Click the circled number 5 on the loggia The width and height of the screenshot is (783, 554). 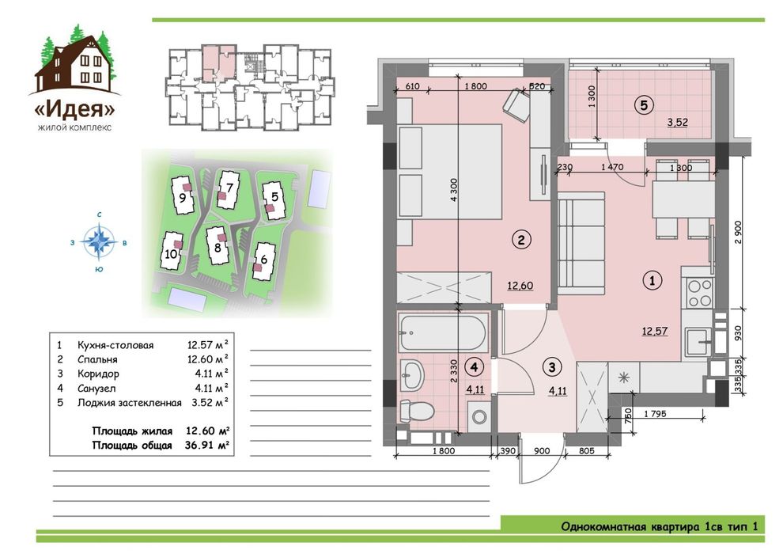coord(644,105)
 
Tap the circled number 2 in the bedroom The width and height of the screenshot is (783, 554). coord(521,240)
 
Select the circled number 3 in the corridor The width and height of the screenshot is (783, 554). coord(552,368)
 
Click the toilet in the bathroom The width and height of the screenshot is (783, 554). coord(417,411)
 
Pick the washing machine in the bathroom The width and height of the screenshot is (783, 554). coord(479,416)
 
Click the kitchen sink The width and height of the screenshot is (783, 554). coord(698,341)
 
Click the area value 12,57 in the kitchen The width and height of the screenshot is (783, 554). coord(655,331)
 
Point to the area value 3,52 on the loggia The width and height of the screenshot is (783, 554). coord(678,122)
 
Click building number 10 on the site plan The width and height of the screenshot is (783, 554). coord(171,254)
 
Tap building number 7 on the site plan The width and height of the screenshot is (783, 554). coord(229,188)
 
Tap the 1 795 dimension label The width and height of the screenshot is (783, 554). coord(655,414)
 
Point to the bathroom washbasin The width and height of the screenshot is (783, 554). coord(412,374)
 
